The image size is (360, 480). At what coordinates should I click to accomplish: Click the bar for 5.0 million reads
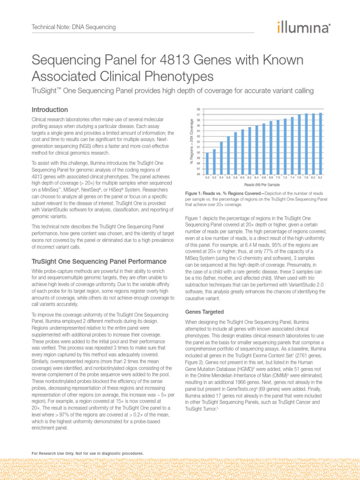point(207,163)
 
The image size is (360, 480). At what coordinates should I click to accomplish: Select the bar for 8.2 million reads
point(320,143)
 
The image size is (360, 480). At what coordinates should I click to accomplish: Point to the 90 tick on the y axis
point(199,152)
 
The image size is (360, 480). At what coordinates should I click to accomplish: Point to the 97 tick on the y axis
point(199,114)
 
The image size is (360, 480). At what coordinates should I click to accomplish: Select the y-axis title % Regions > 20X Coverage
point(191,141)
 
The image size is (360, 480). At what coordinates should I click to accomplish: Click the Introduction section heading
point(50,109)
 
